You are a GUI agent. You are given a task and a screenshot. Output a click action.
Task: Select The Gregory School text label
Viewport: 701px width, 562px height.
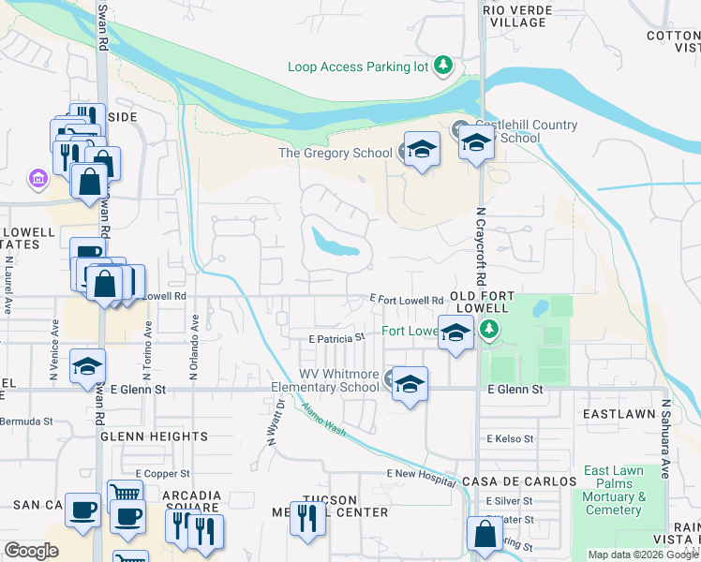coord(336,154)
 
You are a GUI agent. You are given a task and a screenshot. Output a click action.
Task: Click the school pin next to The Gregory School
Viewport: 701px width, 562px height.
coord(421,150)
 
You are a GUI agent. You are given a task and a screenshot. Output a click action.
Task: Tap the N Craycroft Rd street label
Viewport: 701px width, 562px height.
coord(480,246)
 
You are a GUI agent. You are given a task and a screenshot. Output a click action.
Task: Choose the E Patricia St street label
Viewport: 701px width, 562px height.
coord(336,337)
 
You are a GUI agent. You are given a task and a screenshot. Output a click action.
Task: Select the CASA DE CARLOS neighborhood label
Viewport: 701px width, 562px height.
coord(519,481)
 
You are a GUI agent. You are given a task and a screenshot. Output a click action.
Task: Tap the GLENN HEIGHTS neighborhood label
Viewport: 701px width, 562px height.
coord(154,436)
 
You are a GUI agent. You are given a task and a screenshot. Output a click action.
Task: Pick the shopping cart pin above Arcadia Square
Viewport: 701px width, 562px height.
coord(126,495)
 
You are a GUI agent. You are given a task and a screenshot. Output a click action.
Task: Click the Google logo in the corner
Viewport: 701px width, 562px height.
coord(31,551)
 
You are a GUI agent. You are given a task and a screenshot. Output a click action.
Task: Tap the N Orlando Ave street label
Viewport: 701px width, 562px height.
coord(195,347)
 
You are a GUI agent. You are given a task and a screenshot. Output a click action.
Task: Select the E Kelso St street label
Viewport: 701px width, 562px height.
coord(510,438)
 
